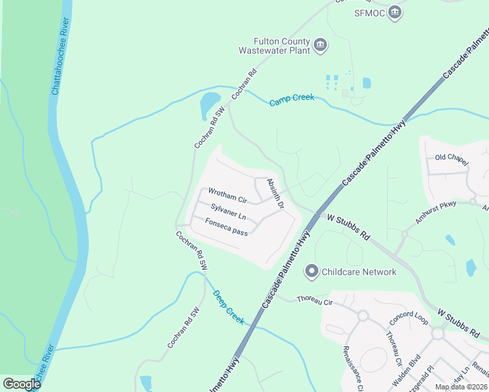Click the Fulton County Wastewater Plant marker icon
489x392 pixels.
(320, 45)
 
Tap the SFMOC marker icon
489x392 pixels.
(394, 12)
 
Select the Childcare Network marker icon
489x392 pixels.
(312, 270)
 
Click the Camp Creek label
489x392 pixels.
(292, 98)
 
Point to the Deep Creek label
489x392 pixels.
(228, 307)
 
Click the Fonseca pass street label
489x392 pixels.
(226, 227)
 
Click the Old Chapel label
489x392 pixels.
(452, 159)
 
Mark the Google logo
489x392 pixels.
(22, 384)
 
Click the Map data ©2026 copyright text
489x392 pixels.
(461, 387)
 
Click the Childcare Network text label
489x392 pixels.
(359, 271)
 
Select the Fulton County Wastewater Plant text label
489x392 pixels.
(274, 45)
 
